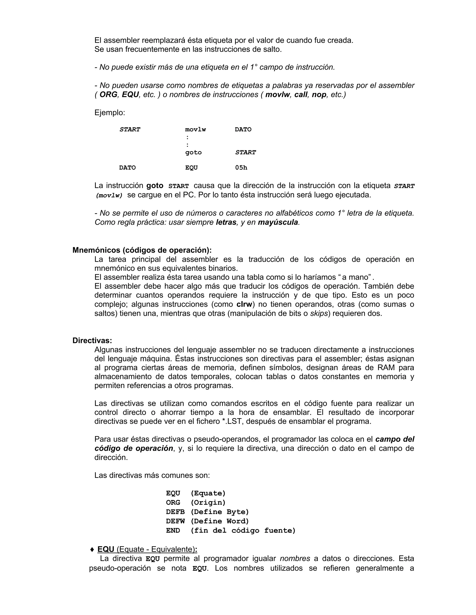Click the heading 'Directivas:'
(92, 340)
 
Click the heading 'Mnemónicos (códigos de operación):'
(142, 250)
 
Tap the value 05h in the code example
(241, 168)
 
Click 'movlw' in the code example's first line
(195, 129)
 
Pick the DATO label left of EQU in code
(127, 168)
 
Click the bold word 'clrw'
(244, 304)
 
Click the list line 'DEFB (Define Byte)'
(207, 512)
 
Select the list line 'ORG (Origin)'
(196, 503)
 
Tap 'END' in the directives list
(173, 531)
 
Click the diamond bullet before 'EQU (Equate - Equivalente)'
(92, 549)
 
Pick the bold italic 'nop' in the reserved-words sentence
(319, 95)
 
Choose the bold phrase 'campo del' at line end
(395, 439)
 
